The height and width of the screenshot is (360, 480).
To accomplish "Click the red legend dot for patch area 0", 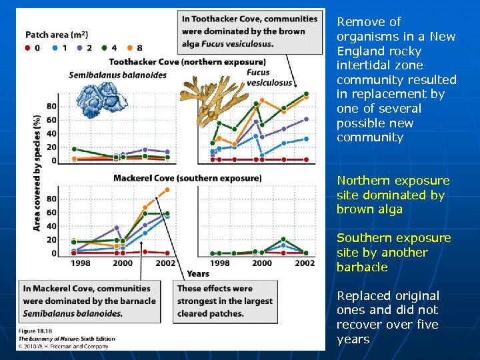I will tap(27, 48).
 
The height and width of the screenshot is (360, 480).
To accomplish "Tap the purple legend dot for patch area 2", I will tap(79, 48).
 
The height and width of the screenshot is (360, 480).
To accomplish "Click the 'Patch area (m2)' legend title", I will tap(57, 35).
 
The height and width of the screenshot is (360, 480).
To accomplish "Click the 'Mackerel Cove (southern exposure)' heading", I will tap(187, 178).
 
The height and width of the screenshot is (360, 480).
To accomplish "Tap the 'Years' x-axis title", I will tap(198, 273).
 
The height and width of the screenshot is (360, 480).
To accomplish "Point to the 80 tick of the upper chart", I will tap(51, 106).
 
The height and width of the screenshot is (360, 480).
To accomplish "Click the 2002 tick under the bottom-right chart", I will tap(305, 263).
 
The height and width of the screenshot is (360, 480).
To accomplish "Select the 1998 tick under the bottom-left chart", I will tap(81, 263).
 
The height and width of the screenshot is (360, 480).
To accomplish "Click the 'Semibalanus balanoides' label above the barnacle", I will tap(117, 75).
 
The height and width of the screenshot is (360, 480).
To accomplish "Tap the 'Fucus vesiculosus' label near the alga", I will tap(269, 77).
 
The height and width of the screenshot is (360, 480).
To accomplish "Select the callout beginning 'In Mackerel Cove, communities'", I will tap(90, 301).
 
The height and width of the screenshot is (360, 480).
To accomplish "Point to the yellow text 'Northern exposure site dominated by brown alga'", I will tap(393, 195).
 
